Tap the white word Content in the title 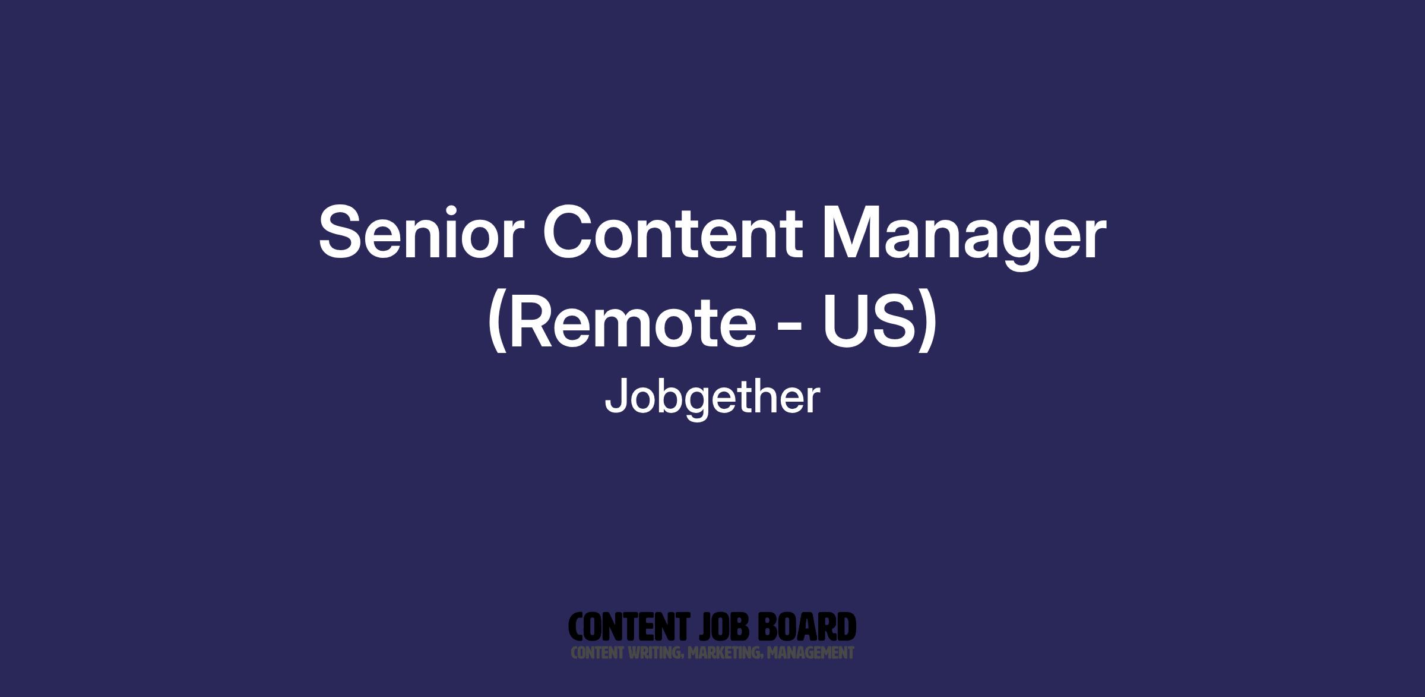(x=673, y=232)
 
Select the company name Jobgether (x=712, y=399)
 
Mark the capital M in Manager (x=852, y=232)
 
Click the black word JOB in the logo (x=726, y=627)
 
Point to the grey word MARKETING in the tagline (x=725, y=653)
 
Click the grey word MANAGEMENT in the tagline (x=810, y=653)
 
